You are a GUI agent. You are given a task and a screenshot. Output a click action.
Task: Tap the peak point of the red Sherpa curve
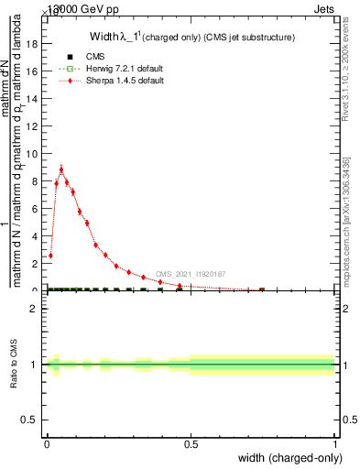click(x=61, y=169)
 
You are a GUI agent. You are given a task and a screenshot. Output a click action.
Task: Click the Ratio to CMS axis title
click(x=14, y=365)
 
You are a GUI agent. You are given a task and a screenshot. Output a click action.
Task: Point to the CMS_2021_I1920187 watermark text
click(x=191, y=274)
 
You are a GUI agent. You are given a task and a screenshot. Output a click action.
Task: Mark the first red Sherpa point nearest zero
click(x=50, y=256)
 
